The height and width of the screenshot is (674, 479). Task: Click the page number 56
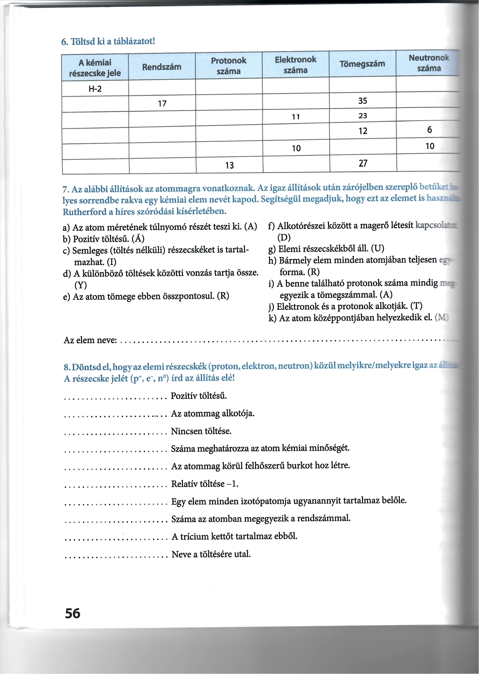click(x=73, y=613)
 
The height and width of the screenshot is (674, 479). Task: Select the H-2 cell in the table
click(x=95, y=89)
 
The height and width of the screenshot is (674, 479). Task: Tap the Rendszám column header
click(x=162, y=67)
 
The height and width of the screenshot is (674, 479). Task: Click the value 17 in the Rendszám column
click(x=162, y=103)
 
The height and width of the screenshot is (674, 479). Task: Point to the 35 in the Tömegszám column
click(x=362, y=101)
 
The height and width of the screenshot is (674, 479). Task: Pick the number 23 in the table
click(x=362, y=116)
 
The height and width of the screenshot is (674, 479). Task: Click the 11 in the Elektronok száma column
click(x=296, y=117)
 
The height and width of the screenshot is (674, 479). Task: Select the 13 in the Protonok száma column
click(x=229, y=165)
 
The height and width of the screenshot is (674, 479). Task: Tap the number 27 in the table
click(x=363, y=163)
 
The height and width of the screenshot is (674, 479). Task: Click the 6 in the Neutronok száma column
click(x=430, y=130)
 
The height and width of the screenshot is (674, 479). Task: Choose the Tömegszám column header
click(x=362, y=64)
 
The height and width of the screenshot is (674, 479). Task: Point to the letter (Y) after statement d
click(x=81, y=285)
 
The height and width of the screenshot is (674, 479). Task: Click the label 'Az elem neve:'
click(x=90, y=340)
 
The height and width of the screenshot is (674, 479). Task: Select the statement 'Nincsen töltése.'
click(x=201, y=431)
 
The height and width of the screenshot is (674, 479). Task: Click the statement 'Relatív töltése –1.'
click(x=205, y=484)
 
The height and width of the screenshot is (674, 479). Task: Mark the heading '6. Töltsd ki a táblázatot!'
click(x=108, y=41)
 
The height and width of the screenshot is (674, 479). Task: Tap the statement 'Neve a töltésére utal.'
click(x=211, y=554)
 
